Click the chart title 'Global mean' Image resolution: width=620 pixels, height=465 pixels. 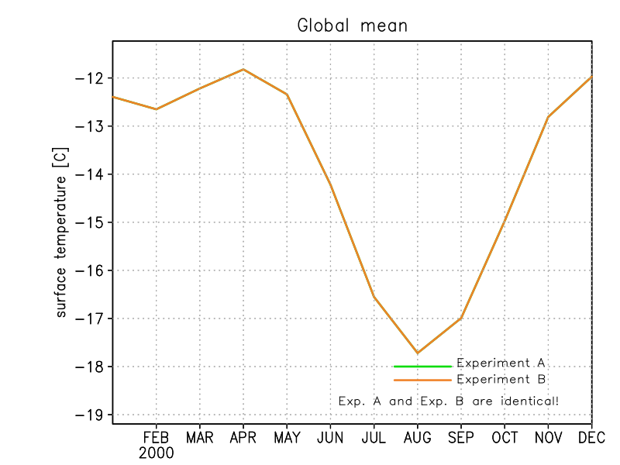[353, 26]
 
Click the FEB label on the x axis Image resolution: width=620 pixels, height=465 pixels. [156, 437]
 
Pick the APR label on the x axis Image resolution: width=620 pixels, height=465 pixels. [243, 437]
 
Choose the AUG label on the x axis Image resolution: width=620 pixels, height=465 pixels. [418, 437]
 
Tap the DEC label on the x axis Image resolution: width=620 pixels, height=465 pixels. [591, 437]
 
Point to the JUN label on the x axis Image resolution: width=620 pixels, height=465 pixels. [330, 437]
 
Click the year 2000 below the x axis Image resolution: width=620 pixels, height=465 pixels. [156, 452]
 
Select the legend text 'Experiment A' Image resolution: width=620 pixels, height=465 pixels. [501, 363]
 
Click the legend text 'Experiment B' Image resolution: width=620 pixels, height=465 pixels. [501, 380]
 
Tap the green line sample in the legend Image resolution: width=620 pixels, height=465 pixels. [422, 366]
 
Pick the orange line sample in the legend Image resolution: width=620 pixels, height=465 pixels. [422, 381]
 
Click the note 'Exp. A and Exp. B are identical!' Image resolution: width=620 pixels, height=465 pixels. [449, 401]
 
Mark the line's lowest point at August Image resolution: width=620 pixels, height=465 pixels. [418, 353]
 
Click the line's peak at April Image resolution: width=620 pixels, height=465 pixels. [243, 69]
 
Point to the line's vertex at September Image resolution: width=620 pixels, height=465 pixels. [461, 319]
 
